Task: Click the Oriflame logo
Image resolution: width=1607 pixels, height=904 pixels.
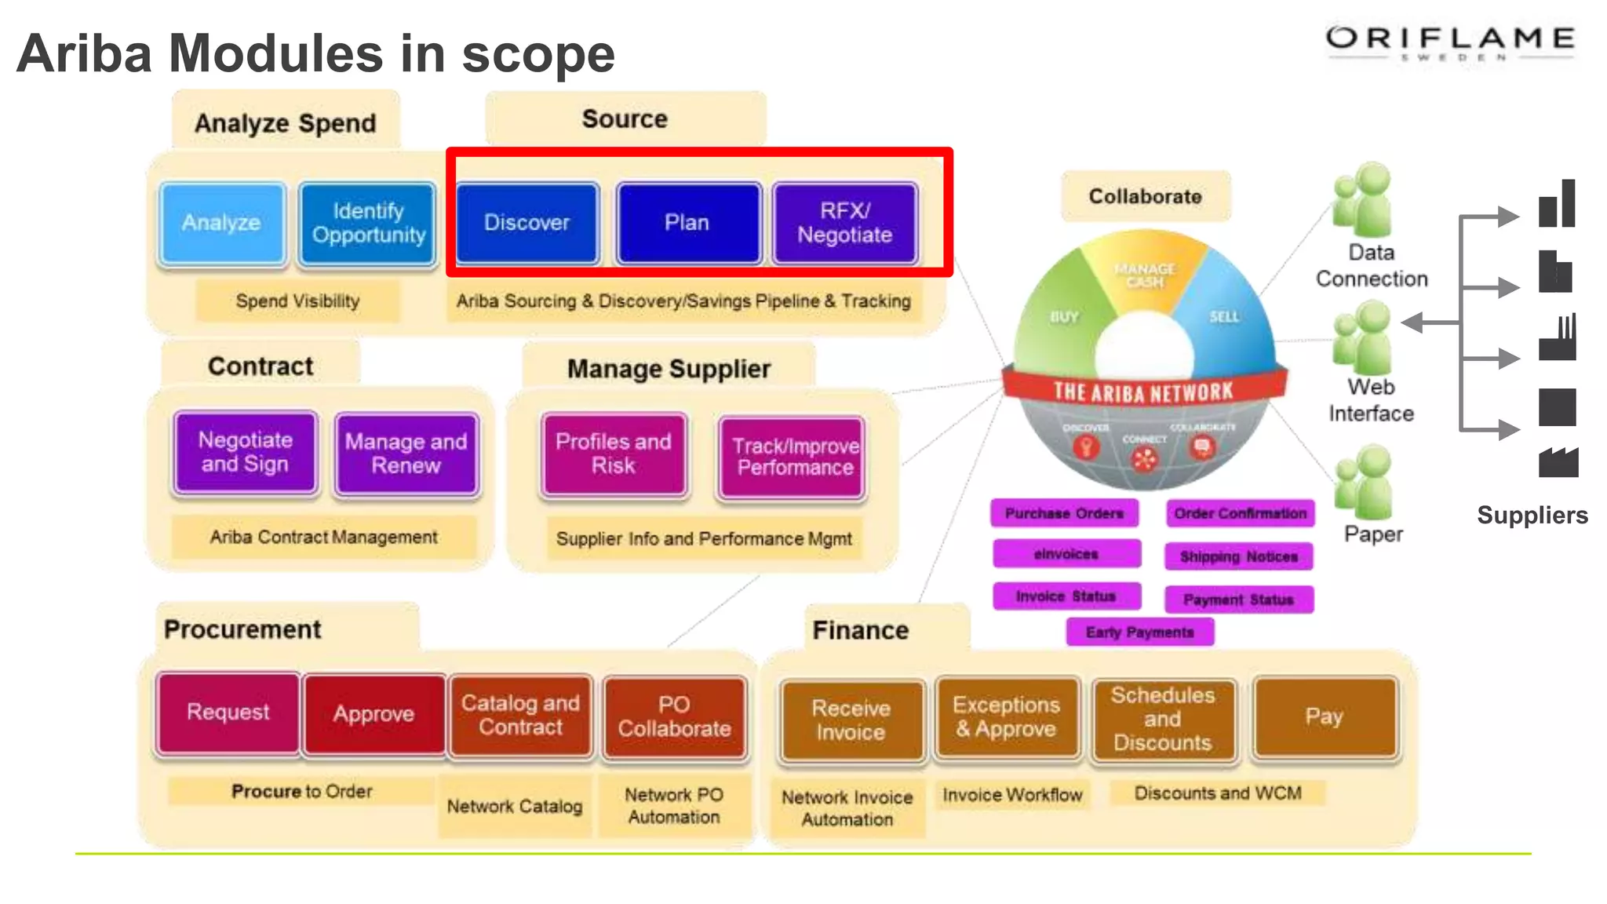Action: click(1450, 42)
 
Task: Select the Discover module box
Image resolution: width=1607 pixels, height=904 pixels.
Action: click(527, 223)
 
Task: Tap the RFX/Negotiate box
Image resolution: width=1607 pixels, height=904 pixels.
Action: click(844, 223)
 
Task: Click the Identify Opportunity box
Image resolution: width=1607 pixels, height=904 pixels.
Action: click(368, 223)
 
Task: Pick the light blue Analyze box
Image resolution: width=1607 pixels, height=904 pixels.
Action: click(222, 223)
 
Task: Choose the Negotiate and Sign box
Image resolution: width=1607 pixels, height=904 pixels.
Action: click(245, 453)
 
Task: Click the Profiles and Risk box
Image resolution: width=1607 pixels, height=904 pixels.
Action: click(614, 454)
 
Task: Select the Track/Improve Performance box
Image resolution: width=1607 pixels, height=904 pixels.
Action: click(793, 457)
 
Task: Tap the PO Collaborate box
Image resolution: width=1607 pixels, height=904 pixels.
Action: click(674, 716)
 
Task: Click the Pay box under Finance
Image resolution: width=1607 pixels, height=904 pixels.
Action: click(1325, 716)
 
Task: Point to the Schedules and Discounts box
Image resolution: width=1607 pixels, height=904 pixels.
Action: click(1163, 719)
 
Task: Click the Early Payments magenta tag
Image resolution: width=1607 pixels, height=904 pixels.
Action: click(1139, 632)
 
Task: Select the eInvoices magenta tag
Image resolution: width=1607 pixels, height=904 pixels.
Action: click(1066, 554)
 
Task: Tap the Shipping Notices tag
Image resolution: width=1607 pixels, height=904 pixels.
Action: click(1238, 556)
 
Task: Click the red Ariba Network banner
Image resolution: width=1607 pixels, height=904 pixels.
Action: click(1144, 391)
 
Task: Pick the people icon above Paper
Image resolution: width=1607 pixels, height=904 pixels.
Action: click(1365, 482)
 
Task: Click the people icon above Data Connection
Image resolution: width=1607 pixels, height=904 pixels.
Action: click(1365, 200)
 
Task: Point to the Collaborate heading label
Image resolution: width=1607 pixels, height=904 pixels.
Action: click(1145, 196)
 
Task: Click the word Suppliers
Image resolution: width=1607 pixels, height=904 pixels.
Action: click(1532, 515)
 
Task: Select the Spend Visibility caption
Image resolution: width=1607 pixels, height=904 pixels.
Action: click(297, 301)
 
